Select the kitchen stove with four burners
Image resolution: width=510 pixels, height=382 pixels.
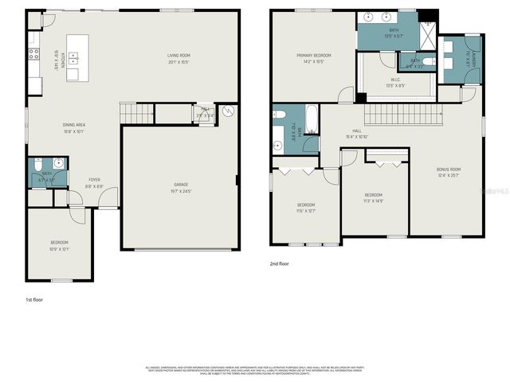pyautogui.click(x=33, y=54)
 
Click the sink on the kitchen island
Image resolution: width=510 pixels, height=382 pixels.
pyautogui.click(x=73, y=58)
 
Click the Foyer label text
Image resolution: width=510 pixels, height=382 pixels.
pyautogui.click(x=94, y=179)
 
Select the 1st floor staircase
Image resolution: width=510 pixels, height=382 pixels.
pyautogui.click(x=135, y=113)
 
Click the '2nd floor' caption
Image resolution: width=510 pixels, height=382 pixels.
pyautogui.click(x=279, y=263)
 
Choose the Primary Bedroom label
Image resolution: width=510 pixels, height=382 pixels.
pyautogui.click(x=313, y=55)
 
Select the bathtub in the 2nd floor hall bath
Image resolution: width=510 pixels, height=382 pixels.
pyautogui.click(x=311, y=120)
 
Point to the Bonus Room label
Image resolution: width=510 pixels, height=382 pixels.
pyautogui.click(x=449, y=169)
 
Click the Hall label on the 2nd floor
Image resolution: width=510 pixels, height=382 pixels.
pyautogui.click(x=356, y=133)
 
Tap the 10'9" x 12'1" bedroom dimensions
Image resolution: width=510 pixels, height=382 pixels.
pyautogui.click(x=60, y=248)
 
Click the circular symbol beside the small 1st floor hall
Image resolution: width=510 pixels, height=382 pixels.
pyautogui.click(x=229, y=112)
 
